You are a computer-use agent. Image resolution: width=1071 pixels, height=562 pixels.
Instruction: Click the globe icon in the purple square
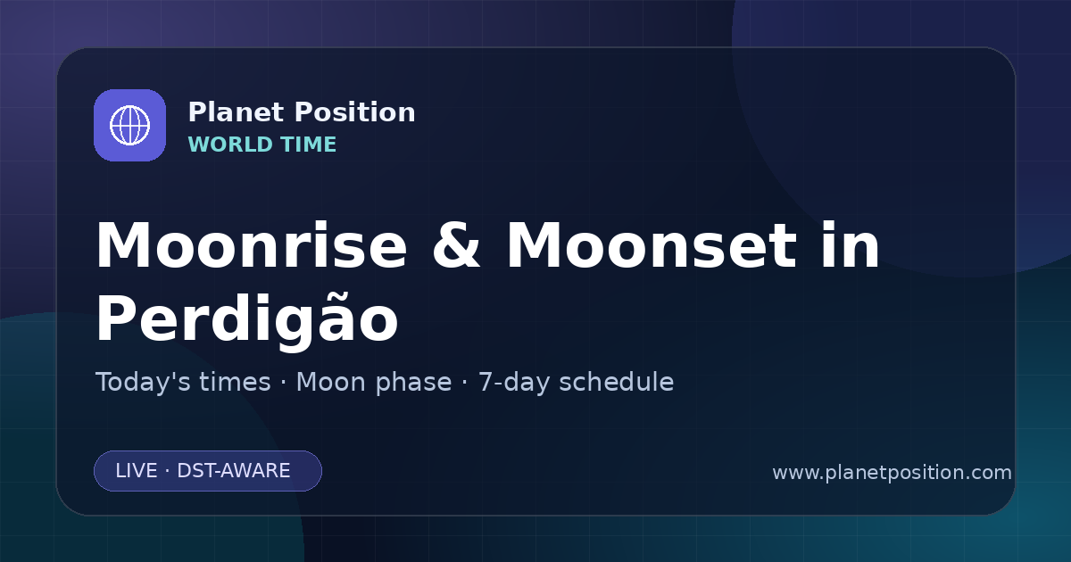coord(129,125)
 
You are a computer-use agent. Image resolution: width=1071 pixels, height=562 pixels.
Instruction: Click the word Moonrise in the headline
coord(252,245)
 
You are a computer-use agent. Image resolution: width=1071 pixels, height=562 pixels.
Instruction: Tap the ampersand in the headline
coord(456,245)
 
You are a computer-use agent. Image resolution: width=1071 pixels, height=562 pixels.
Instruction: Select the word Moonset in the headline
coord(652,245)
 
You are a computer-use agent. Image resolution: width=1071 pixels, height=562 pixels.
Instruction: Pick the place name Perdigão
coord(247,318)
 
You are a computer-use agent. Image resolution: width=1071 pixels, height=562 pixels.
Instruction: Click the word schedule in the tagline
coord(617,383)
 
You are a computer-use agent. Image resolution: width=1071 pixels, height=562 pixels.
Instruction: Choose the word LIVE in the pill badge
coord(137,471)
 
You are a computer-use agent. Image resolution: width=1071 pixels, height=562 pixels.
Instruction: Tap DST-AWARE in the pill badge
coord(234,471)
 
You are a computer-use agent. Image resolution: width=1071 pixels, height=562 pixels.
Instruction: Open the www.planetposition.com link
coord(892,473)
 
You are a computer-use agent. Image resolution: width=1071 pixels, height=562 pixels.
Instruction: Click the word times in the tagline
coord(235,383)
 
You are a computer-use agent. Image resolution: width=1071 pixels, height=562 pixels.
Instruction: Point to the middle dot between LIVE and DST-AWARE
coord(168,471)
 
